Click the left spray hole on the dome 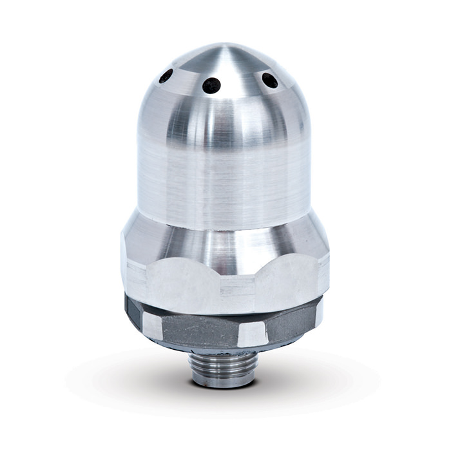pyautogui.click(x=166, y=75)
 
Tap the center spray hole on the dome pyautogui.click(x=211, y=85)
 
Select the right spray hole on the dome pyautogui.click(x=269, y=80)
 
